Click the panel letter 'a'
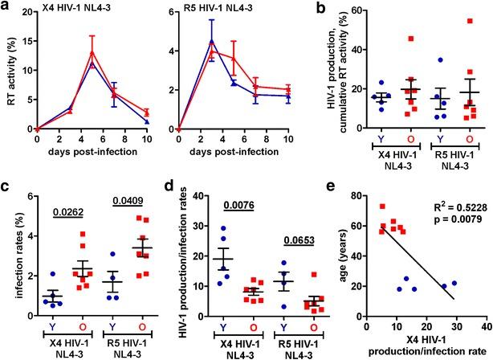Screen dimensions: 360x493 click(x=6, y=8)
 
